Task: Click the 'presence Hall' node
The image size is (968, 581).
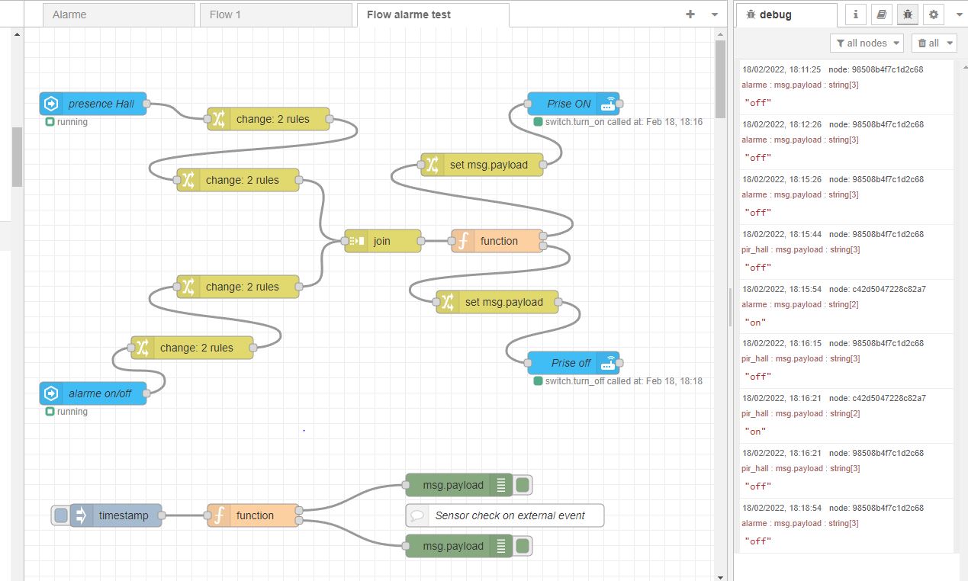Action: (x=93, y=104)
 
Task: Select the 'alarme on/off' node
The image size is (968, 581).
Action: (x=93, y=393)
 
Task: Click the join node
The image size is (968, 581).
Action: (x=383, y=241)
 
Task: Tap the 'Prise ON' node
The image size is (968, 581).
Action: (x=574, y=104)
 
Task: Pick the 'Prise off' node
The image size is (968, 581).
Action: (x=574, y=363)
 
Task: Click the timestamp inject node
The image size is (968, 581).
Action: (x=116, y=515)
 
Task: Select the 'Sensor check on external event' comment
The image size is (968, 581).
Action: (x=505, y=515)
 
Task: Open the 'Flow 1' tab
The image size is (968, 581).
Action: (x=275, y=15)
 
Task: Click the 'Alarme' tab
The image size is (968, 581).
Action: (x=119, y=15)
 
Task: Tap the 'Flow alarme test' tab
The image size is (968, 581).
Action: (x=433, y=15)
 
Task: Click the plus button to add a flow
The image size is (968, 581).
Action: (x=690, y=14)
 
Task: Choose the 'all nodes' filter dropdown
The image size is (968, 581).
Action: (x=867, y=43)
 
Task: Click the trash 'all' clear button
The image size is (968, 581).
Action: (x=934, y=43)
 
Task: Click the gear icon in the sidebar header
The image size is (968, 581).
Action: (x=934, y=14)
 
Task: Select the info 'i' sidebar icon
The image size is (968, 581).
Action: (x=856, y=14)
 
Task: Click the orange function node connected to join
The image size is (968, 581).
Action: (x=497, y=241)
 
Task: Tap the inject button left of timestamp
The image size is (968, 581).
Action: (x=61, y=515)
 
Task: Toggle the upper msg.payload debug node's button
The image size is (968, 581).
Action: (x=523, y=485)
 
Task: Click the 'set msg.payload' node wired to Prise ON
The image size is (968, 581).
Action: (x=482, y=165)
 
